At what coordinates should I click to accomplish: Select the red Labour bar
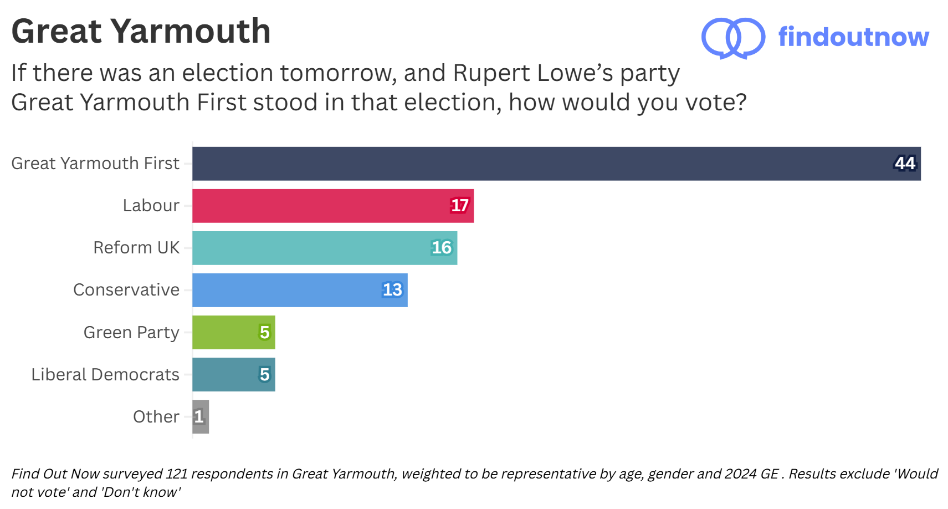332,206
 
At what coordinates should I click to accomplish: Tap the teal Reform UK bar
325,248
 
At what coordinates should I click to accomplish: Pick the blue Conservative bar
300,290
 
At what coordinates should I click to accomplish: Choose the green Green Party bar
233,332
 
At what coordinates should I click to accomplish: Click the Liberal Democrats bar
233,374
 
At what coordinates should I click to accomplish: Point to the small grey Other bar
201,416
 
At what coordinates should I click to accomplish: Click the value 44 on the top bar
905,163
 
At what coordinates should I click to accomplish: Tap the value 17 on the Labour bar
459,206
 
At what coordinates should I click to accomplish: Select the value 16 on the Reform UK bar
442,248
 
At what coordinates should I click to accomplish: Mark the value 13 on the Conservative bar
392,290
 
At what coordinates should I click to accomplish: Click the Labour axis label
151,206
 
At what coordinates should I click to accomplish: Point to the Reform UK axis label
136,248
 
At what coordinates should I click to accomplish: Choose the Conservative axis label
126,290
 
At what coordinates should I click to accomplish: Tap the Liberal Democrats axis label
105,375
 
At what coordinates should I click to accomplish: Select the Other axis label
156,417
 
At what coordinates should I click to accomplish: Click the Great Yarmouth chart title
141,31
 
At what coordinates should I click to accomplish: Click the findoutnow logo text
853,37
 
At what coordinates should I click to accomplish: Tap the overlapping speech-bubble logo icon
733,38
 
